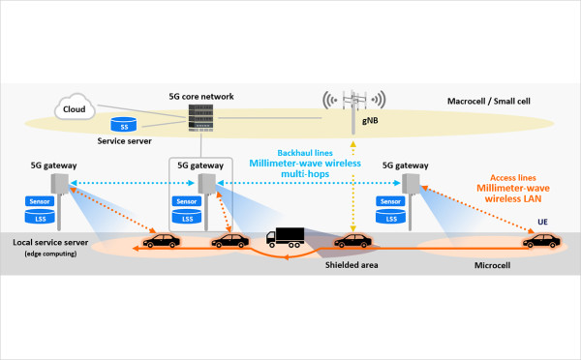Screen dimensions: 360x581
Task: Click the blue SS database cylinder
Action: click(123, 126)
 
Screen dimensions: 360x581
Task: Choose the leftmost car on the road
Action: click(160, 239)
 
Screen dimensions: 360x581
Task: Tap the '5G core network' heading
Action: click(199, 96)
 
